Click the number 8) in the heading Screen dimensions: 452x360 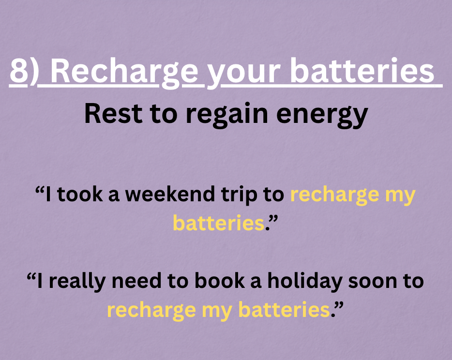tap(24, 71)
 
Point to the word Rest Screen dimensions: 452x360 tap(113, 114)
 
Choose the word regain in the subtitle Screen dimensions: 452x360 tap(227, 116)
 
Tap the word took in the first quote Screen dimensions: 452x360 tap(80, 194)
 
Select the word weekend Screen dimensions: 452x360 tap(170, 194)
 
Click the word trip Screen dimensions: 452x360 tap(239, 195)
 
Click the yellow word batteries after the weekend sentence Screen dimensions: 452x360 tap(219, 223)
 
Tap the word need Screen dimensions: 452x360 tap(136, 281)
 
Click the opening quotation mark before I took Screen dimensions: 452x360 tap(40, 190)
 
